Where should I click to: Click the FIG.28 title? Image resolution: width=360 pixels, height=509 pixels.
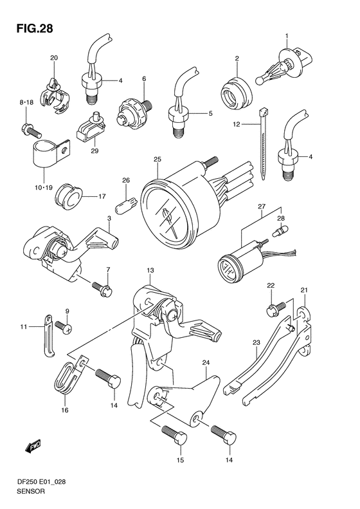(31, 28)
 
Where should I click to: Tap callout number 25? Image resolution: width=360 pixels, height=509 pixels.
(156, 160)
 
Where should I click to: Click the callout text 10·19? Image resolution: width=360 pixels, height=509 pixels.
(44, 187)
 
